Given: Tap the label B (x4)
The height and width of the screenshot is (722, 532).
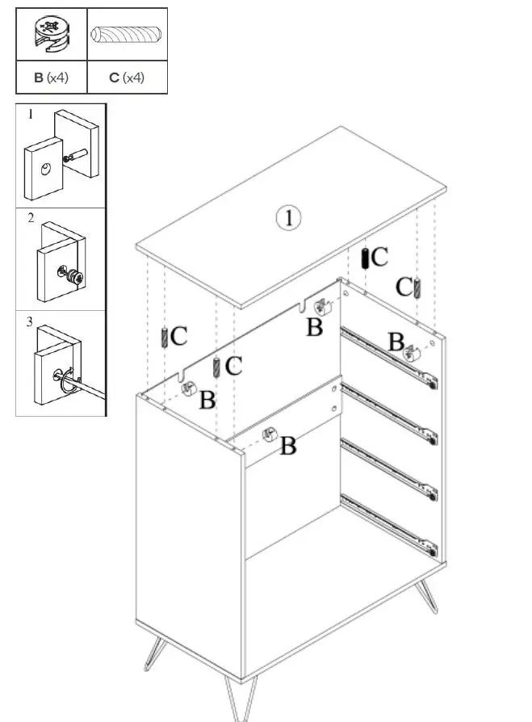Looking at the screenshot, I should pyautogui.click(x=51, y=78).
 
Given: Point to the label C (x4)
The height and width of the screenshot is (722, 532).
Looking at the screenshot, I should pyautogui.click(x=127, y=78).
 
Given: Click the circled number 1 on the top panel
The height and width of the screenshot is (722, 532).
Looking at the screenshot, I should pyautogui.click(x=288, y=218).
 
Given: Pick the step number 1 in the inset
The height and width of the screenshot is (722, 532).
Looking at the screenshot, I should pyautogui.click(x=30, y=115).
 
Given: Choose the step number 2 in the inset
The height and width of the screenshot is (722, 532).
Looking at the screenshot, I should pyautogui.click(x=30, y=218).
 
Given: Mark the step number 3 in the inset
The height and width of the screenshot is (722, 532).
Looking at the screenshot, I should pyautogui.click(x=30, y=322).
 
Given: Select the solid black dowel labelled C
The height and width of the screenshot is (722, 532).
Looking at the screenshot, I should pyautogui.click(x=365, y=258).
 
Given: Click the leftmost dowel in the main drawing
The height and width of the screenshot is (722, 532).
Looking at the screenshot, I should pyautogui.click(x=165, y=336).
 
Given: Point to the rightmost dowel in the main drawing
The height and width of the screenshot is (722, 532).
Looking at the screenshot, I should pyautogui.click(x=417, y=287).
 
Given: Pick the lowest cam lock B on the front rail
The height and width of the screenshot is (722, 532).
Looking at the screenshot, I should pyautogui.click(x=268, y=435).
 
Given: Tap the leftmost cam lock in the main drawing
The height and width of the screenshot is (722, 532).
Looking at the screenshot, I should pyautogui.click(x=189, y=388).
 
